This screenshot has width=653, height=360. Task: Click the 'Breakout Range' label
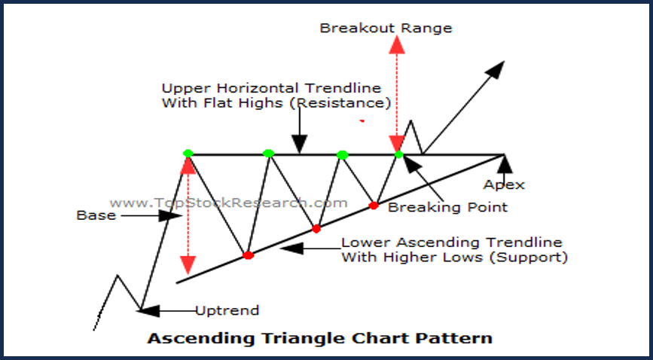click(386, 29)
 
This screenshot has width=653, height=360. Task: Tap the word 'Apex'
click(504, 185)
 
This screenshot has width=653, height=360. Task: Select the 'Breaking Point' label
click(447, 207)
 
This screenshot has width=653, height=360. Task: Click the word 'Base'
click(96, 215)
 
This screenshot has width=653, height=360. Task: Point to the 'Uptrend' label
click(227, 310)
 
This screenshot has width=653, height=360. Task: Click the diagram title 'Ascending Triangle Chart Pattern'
click(320, 338)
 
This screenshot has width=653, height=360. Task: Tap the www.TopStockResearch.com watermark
click(229, 203)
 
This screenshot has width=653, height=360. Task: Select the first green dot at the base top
click(188, 154)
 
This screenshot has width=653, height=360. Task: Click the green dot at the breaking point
click(399, 154)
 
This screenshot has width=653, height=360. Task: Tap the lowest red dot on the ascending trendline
click(249, 255)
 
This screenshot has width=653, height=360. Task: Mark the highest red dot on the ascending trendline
click(374, 206)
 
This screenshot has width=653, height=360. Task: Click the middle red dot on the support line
click(316, 229)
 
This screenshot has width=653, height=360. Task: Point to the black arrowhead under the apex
click(505, 163)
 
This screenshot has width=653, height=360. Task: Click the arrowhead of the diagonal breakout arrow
click(496, 69)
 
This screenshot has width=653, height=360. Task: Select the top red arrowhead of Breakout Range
click(397, 44)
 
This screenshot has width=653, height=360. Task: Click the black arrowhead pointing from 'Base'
click(171, 215)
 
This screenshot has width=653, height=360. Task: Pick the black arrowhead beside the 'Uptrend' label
click(150, 310)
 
